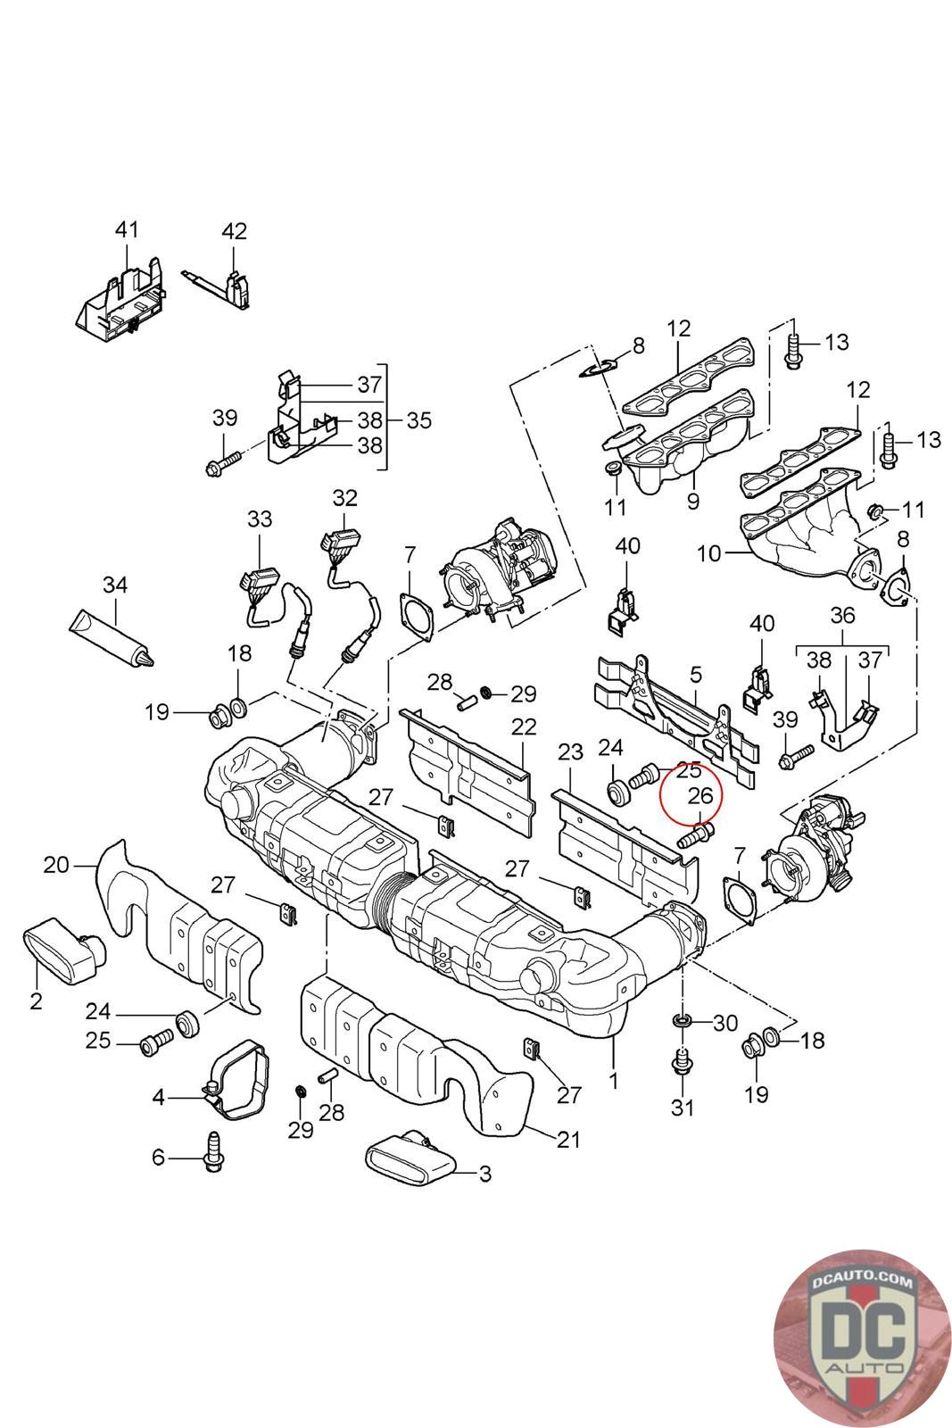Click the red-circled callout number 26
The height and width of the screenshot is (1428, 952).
[701, 793]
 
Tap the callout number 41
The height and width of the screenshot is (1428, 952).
[127, 229]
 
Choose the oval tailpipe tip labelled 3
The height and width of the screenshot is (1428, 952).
[412, 1159]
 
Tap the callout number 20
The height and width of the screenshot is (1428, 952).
[55, 864]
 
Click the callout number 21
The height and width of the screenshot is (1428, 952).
[568, 1139]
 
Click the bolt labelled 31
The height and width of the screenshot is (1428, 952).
[683, 1065]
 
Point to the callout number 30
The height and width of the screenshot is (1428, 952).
[725, 1023]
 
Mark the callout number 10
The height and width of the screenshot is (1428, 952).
[708, 553]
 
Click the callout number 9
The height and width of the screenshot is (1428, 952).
[692, 501]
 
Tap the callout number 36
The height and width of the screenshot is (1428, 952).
[842, 614]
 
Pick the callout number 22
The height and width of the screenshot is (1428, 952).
[524, 727]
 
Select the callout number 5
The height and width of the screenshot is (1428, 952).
[696, 674]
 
